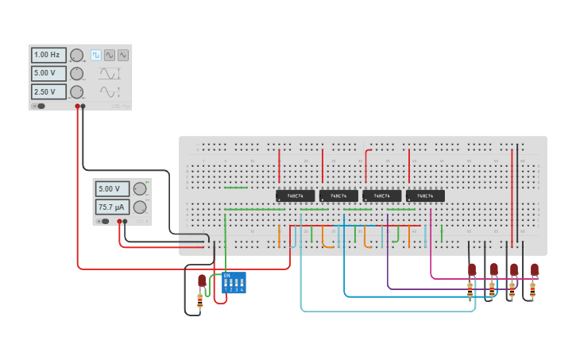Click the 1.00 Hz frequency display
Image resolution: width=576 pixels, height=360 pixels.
48,55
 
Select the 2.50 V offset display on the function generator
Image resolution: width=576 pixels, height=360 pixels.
48,91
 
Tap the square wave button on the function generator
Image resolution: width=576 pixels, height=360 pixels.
95,55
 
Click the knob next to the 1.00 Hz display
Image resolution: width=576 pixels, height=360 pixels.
76,55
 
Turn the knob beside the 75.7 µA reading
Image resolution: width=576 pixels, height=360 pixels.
140,207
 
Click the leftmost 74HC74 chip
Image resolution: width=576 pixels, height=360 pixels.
295,195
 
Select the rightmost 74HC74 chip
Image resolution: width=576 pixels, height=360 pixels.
425,195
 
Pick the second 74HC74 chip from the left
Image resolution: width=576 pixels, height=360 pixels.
338,195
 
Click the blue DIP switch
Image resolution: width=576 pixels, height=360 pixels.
234,283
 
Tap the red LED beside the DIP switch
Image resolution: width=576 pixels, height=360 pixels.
202,281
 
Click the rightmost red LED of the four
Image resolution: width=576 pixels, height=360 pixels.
534,269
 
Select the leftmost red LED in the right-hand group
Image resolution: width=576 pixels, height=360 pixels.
472,269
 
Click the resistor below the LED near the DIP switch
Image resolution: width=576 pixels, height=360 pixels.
200,300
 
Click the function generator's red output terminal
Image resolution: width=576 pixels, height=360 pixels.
78,106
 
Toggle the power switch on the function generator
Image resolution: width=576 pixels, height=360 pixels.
38,106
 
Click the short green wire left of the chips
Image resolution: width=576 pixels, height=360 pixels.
236,188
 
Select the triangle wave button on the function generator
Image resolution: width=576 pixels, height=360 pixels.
123,55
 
